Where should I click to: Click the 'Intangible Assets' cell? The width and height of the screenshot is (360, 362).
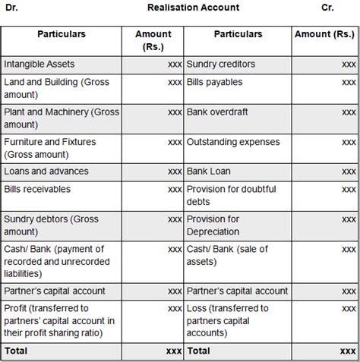(x=39, y=64)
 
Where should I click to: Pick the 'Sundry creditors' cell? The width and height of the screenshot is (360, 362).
(x=221, y=64)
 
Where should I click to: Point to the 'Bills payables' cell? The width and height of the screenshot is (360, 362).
(x=216, y=80)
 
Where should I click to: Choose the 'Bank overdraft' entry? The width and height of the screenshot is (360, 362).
(x=218, y=112)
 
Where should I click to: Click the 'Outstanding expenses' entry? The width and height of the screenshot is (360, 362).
(x=233, y=142)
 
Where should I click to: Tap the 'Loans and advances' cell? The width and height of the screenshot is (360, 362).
(x=46, y=172)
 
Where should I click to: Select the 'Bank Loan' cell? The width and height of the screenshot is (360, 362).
(x=210, y=172)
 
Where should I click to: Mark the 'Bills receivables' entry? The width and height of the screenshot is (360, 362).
(x=37, y=188)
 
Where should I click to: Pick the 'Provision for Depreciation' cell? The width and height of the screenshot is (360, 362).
(x=213, y=225)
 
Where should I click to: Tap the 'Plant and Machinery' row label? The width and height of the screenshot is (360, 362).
(x=62, y=118)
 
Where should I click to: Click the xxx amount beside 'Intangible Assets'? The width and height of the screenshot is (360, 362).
(x=175, y=64)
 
